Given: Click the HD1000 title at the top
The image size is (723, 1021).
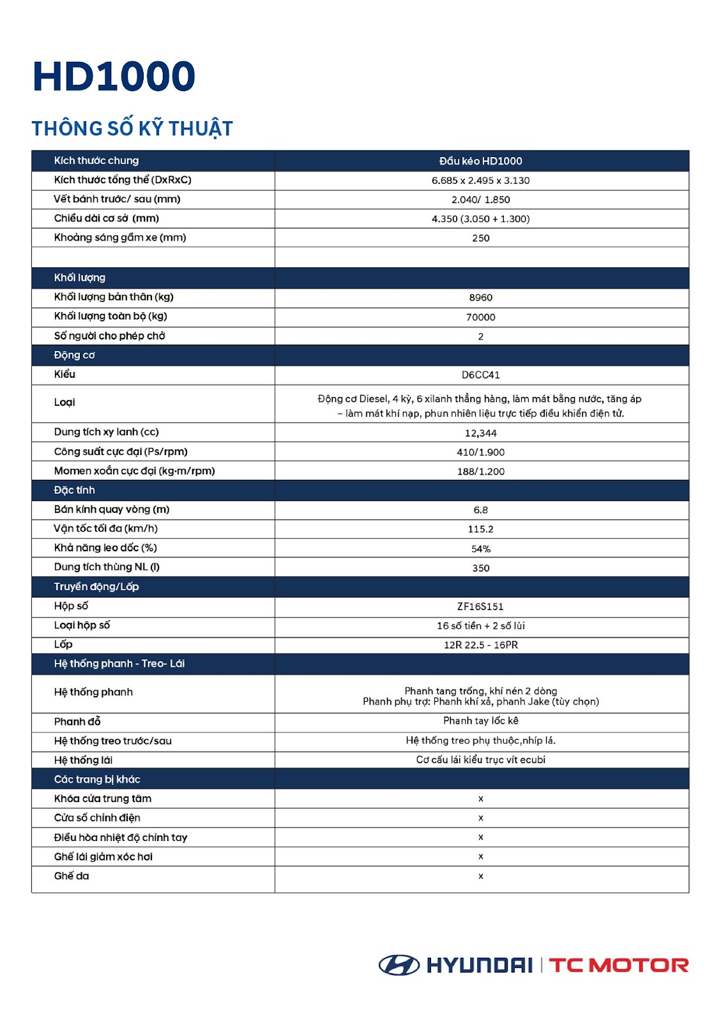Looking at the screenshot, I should (114, 77).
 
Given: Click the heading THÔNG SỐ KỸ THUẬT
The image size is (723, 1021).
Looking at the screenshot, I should (132, 128).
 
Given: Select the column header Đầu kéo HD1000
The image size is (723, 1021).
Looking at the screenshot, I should (480, 161).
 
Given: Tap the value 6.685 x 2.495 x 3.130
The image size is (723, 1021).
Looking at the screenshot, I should (480, 181).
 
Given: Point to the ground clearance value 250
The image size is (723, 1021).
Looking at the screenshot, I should (480, 238).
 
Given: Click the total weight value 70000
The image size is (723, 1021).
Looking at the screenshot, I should (480, 317).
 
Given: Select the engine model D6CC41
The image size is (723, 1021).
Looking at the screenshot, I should (480, 375).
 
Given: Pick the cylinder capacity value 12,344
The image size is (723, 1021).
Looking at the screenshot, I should (480, 433).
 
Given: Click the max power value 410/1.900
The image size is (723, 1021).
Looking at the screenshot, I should (480, 452).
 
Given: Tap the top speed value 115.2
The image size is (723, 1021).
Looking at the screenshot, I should (480, 529).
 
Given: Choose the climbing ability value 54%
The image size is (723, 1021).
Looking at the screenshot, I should (480, 549).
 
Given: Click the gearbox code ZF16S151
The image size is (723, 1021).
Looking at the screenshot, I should (480, 607).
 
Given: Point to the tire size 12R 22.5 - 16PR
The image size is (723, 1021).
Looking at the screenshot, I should (480, 645).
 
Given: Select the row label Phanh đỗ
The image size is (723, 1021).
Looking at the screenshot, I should (77, 722).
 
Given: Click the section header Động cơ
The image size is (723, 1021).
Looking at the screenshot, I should (74, 355).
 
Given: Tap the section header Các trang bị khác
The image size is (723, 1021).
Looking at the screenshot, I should (97, 779).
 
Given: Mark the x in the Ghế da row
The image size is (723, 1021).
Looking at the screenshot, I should (480, 876).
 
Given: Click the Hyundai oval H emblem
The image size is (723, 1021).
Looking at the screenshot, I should (399, 965).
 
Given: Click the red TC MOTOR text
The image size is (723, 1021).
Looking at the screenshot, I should (618, 965).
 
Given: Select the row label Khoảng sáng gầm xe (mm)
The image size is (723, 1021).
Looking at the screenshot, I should (120, 237).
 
